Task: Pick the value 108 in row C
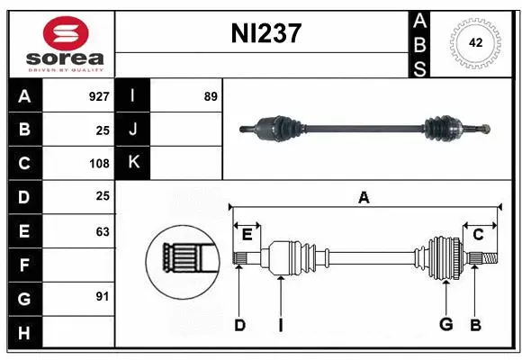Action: (99, 164)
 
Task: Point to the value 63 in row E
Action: (103, 231)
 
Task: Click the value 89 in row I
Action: (211, 95)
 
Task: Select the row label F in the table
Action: (24, 265)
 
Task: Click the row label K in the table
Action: (133, 163)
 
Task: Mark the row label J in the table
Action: (133, 130)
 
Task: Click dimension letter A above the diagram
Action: (364, 197)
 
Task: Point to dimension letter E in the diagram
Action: (247, 235)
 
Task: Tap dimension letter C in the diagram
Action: (478, 235)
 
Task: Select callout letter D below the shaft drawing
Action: (239, 325)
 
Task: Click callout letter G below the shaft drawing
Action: (445, 325)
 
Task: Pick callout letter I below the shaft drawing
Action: (280, 325)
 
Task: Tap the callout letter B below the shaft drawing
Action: (475, 325)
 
